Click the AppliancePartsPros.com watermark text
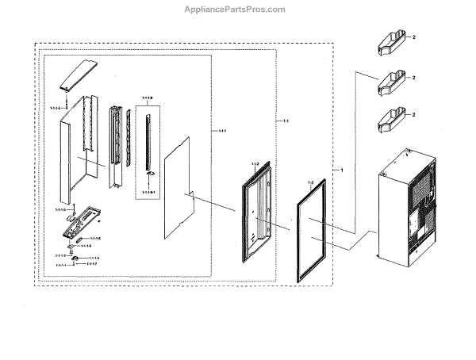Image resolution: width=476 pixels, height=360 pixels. [x=237, y=10]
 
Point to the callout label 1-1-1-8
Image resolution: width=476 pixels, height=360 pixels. [x=147, y=98]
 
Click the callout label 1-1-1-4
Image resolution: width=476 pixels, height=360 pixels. [x=94, y=258]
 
